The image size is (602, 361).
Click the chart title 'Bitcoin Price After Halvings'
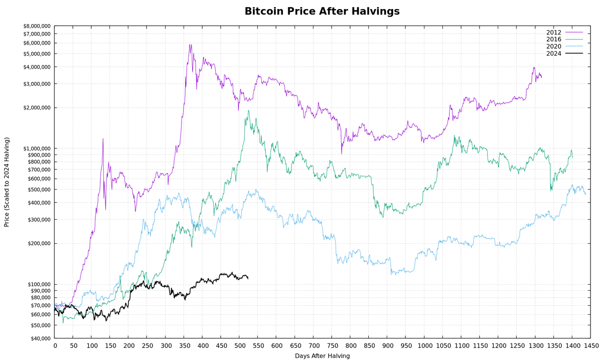point(322,11)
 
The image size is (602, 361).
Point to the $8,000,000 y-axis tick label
point(37,26)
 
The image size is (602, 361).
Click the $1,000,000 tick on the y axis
point(37,148)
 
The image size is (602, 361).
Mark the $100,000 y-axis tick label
point(39,284)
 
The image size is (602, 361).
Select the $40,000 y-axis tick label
point(40,338)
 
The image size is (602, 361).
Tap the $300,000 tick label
point(39,220)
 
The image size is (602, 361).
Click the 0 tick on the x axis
point(55,346)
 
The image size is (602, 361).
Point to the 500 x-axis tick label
point(239,346)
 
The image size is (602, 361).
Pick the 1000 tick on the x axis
point(424,346)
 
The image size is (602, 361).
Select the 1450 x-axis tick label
point(591,346)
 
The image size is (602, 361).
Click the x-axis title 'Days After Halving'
point(322,356)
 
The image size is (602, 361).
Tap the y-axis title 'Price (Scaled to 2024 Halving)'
point(7,182)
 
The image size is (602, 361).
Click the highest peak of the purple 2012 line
point(190,45)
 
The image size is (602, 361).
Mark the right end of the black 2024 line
point(248,278)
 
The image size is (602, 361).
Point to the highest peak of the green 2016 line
point(248,111)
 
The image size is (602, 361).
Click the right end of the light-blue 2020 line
point(585,194)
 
